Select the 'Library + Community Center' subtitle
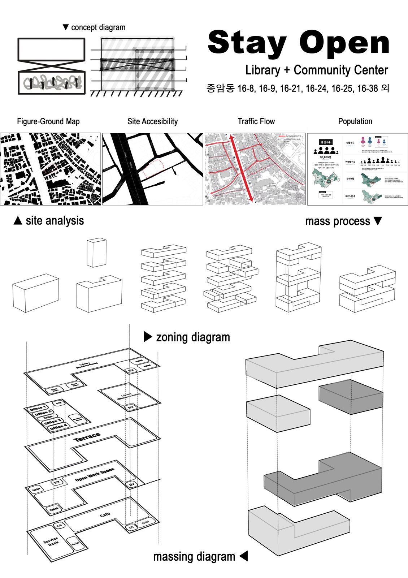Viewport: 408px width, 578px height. tap(316, 70)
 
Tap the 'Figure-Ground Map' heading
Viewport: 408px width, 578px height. tap(48, 121)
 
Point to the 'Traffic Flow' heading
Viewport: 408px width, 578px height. tap(256, 121)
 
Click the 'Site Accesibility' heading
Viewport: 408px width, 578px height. tap(152, 121)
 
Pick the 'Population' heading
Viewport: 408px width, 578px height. tap(355, 121)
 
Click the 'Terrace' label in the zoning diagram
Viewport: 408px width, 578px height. tap(87, 437)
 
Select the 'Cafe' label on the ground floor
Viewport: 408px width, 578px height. tap(105, 514)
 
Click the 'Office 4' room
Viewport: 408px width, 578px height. tap(57, 427)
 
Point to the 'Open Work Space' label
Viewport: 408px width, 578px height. tap(95, 474)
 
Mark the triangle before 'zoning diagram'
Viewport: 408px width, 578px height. tap(148, 337)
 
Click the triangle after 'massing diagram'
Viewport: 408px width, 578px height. tap(244, 556)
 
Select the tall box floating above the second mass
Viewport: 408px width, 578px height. tap(96, 253)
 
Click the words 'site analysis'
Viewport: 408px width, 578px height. tap(55, 221)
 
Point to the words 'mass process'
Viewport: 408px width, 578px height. tap(337, 221)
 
